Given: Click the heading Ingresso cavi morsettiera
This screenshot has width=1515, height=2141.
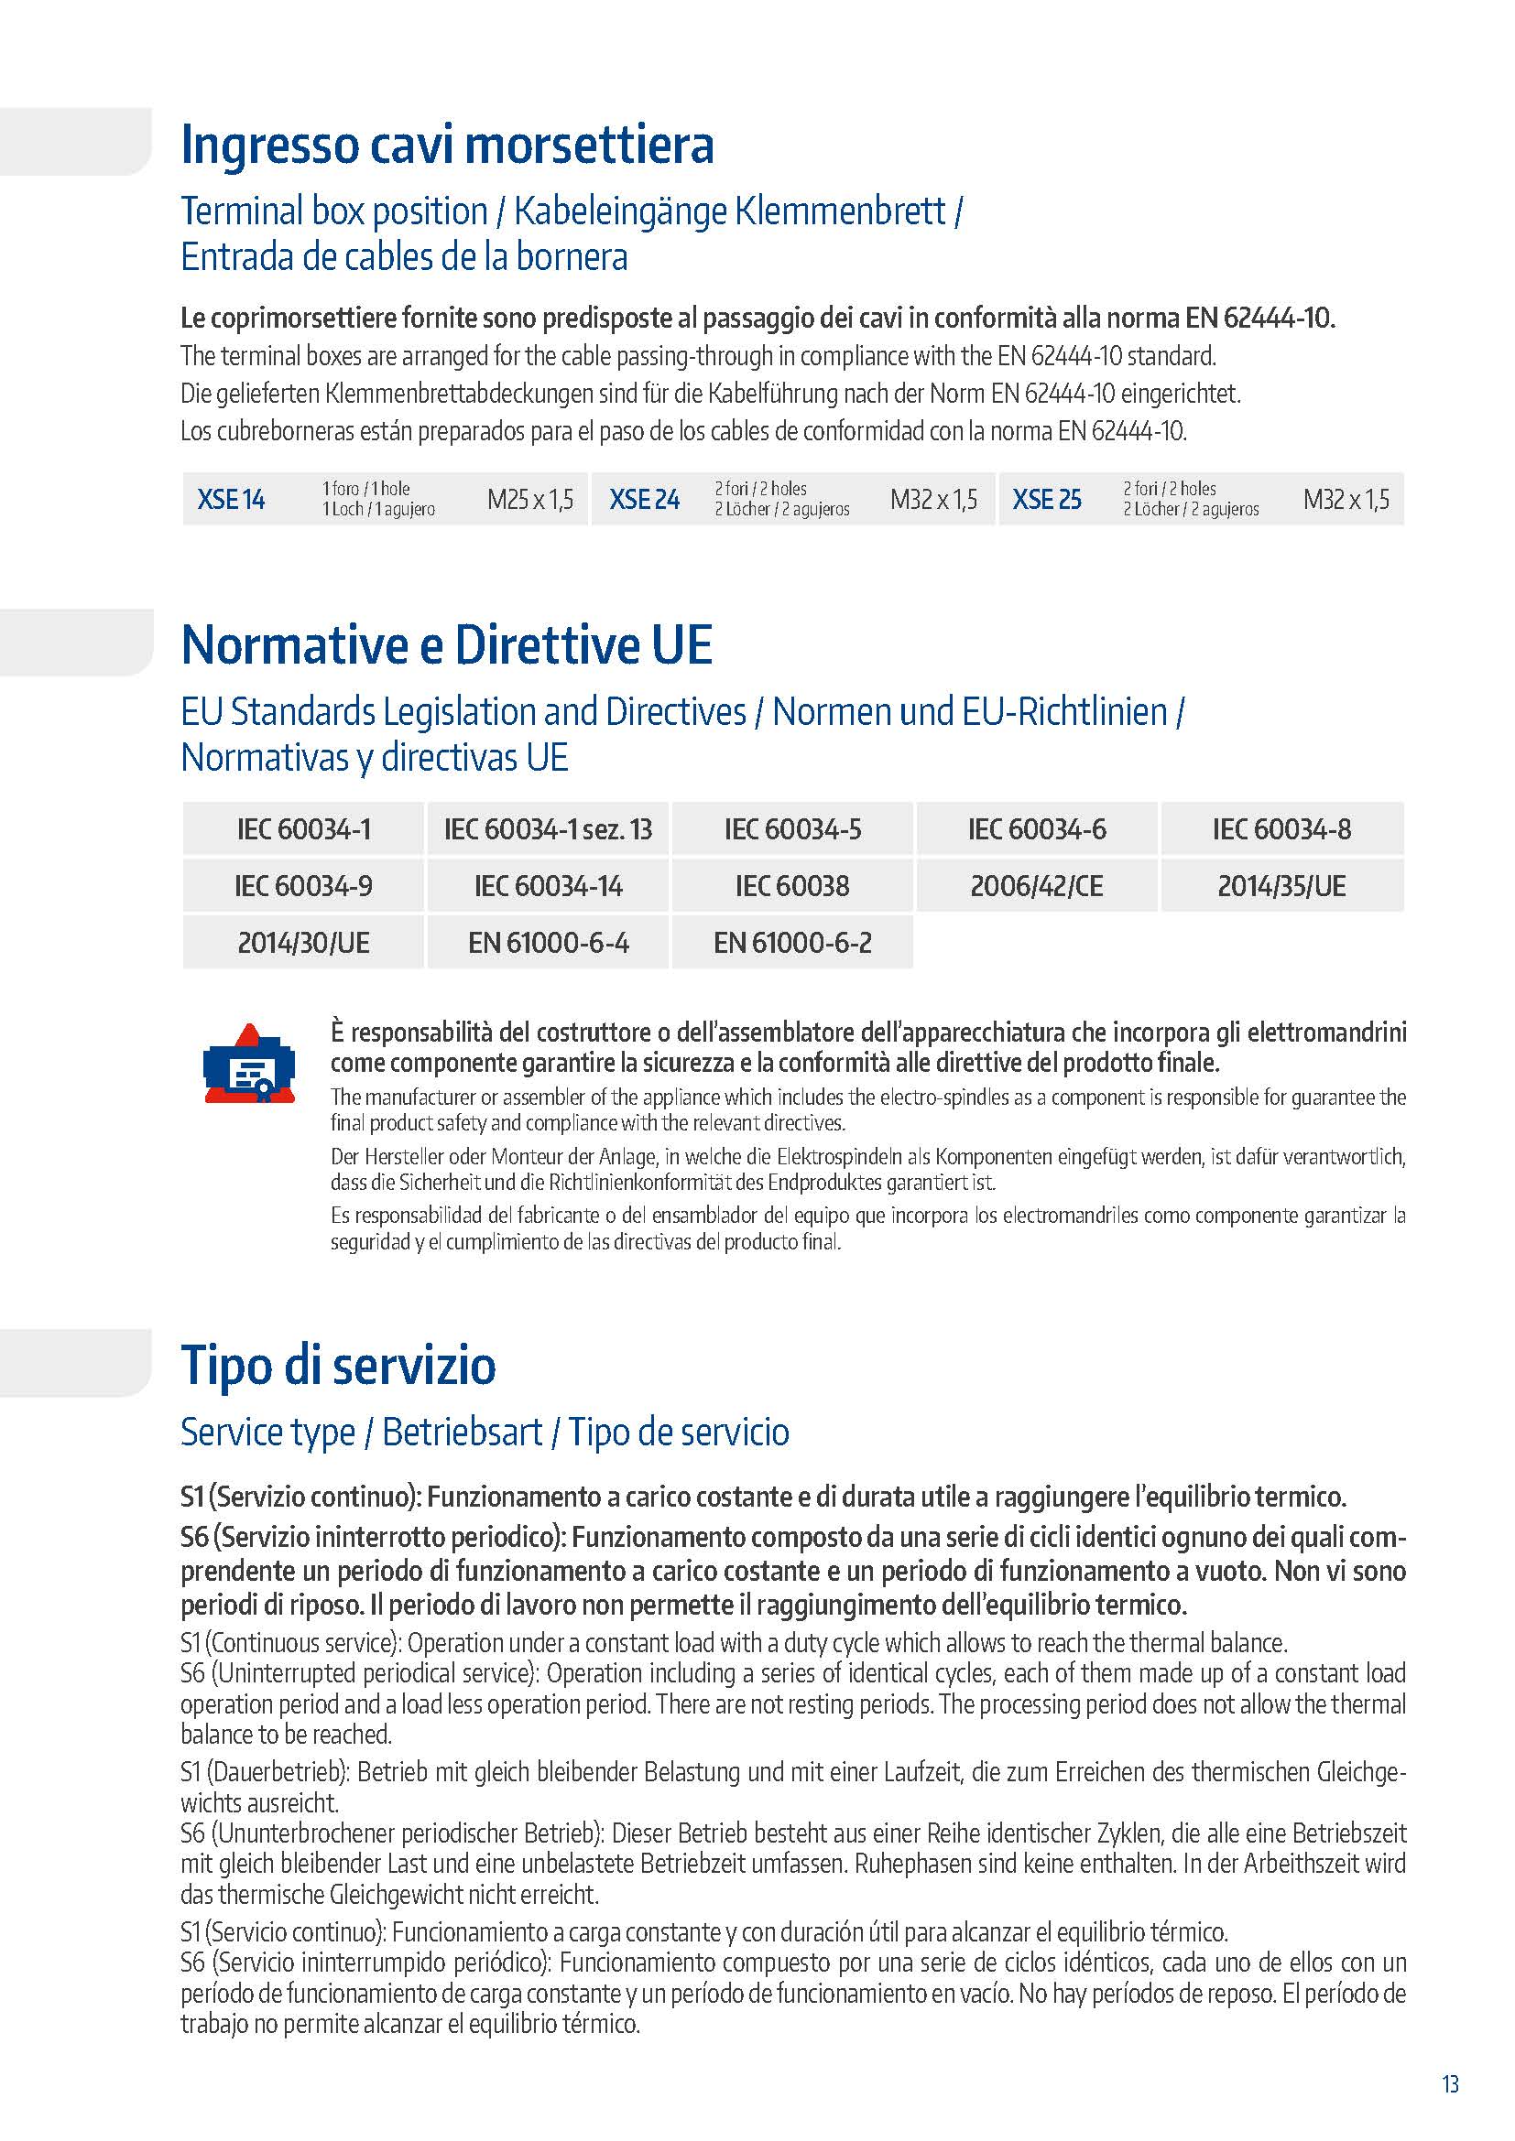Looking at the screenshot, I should (x=447, y=145).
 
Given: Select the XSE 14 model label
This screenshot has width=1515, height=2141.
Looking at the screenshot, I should (x=231, y=500).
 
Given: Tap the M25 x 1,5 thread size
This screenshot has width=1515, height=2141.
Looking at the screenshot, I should (x=529, y=500).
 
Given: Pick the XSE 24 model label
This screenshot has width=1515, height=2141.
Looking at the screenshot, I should (x=644, y=500).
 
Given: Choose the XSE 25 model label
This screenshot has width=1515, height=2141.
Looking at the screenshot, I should (x=1047, y=500).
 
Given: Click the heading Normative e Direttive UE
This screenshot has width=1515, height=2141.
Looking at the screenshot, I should (x=447, y=645).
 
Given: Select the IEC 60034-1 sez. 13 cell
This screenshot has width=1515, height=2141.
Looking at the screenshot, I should (x=548, y=829).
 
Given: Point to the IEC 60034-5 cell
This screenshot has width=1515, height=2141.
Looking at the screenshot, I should (x=793, y=829).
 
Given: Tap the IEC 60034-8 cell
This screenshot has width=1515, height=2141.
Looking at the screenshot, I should (x=1281, y=829).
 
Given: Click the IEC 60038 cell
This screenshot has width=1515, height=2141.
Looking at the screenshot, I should (x=793, y=886).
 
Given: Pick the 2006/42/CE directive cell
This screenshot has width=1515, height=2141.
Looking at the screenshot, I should (x=1037, y=886).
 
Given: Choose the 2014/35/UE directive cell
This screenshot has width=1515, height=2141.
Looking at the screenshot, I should (x=1281, y=886).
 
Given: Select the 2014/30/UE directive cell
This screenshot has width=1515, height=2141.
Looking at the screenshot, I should (x=303, y=943).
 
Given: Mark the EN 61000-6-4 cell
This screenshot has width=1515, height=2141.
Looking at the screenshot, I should (x=548, y=943).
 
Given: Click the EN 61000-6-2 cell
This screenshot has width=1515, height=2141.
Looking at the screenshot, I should (x=793, y=943).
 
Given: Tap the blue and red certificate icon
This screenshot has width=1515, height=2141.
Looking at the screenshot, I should (x=249, y=1064).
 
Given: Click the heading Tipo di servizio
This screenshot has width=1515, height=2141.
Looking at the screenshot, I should (x=338, y=1365).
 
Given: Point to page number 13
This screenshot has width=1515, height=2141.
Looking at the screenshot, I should (x=1451, y=2084).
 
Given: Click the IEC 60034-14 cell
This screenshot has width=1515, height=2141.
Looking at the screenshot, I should (x=548, y=886).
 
